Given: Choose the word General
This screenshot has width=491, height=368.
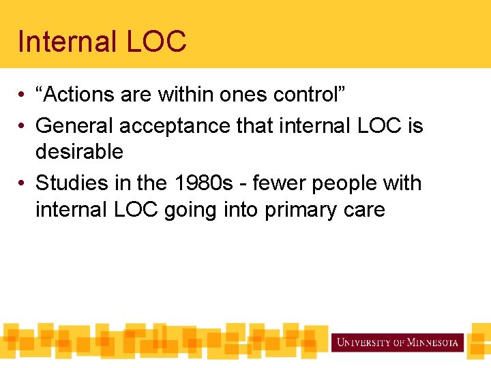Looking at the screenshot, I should tap(76, 126).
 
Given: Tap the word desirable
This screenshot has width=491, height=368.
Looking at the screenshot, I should tap(79, 151).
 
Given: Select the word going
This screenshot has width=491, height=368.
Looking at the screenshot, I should tap(189, 209).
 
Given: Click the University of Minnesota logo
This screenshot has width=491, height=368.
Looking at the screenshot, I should tap(398, 342).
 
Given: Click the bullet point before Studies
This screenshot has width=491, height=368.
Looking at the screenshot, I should tap(23, 184).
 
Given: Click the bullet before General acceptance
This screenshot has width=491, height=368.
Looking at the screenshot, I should tap(23, 127).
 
